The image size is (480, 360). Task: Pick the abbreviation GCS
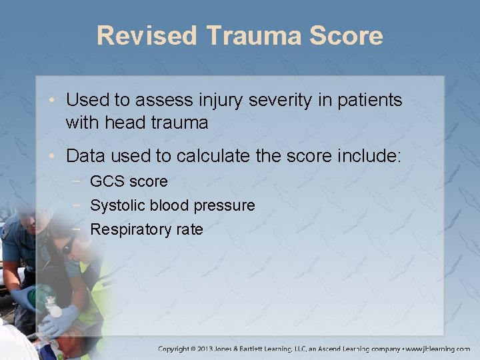(105, 181)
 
